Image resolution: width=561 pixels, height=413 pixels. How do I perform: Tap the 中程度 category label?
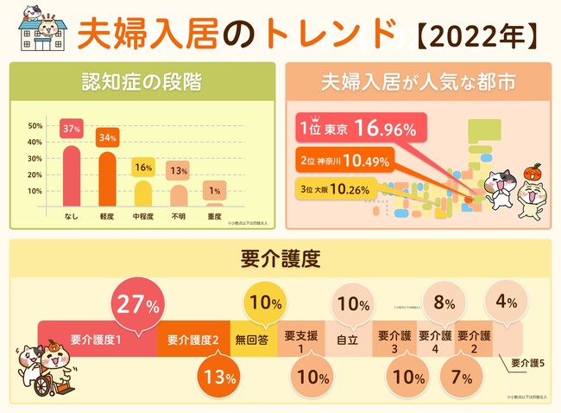[144, 216]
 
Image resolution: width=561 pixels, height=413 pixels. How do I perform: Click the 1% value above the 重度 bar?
[215, 189]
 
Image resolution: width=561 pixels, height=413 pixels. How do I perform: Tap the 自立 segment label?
[347, 340]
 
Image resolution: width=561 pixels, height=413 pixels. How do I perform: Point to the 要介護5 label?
[528, 363]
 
